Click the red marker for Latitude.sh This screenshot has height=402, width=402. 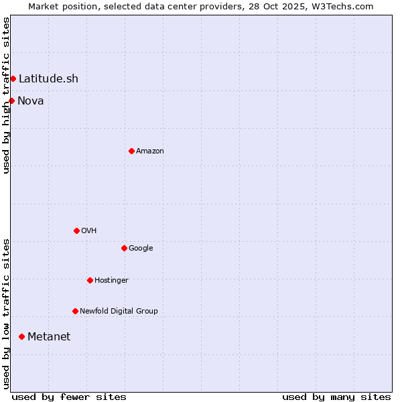pos(13,79)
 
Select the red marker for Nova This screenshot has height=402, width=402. pos(12,100)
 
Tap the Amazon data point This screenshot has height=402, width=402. pos(131,151)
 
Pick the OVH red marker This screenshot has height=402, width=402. pos(76,230)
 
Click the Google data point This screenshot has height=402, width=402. pos(124,248)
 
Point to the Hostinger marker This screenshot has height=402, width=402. pos(90,280)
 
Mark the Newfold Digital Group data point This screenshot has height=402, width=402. pos(75,311)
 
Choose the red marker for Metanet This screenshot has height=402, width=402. pos(21,336)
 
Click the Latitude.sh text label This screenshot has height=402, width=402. pos(48,79)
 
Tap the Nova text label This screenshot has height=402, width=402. pos(31,100)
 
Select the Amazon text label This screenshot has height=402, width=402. pos(150,151)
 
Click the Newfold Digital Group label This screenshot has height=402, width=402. pos(119,311)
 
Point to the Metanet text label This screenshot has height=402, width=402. pos(49,336)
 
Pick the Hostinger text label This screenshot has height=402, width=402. pos(111,280)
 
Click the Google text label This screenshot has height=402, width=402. pos(141,249)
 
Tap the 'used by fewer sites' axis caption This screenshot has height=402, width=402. pos(69,397)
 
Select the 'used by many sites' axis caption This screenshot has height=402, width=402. pos(336,397)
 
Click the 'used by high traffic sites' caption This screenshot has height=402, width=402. pos(6,95)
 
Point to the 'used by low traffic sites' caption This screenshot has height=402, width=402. pos(6,314)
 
